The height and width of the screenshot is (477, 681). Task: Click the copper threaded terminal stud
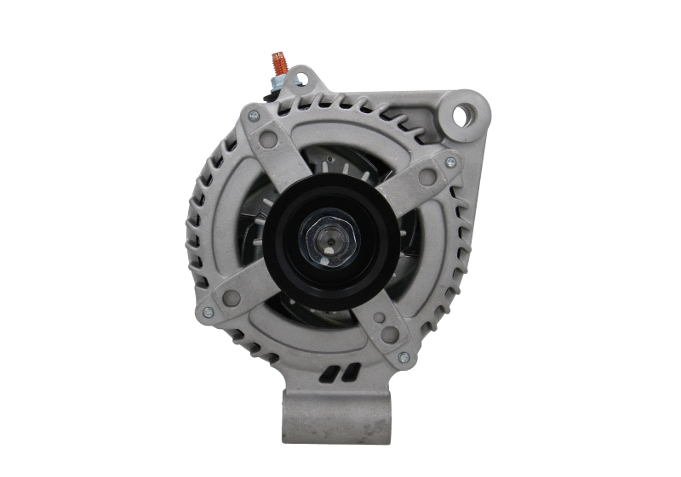click(278, 63)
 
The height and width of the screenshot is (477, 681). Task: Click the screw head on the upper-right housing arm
click(450, 162)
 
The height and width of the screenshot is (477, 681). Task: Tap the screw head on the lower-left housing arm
click(207, 311)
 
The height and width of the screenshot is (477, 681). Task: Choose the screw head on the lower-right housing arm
click(403, 357)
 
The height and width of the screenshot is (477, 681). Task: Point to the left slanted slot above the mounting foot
click(329, 374)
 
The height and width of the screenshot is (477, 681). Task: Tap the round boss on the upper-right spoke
click(428, 178)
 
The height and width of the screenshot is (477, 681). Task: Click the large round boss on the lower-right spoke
click(389, 334)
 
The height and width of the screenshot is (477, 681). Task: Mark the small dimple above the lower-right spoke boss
click(380, 317)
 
